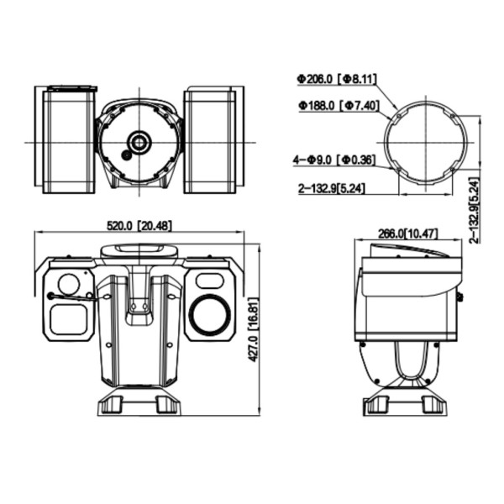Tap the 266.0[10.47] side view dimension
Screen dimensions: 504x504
point(408,233)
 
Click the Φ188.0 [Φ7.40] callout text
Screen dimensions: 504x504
point(337,106)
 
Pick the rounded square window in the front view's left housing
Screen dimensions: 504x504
point(68,318)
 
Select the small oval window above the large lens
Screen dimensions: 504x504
point(207,278)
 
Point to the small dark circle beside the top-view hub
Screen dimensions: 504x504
point(126,155)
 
